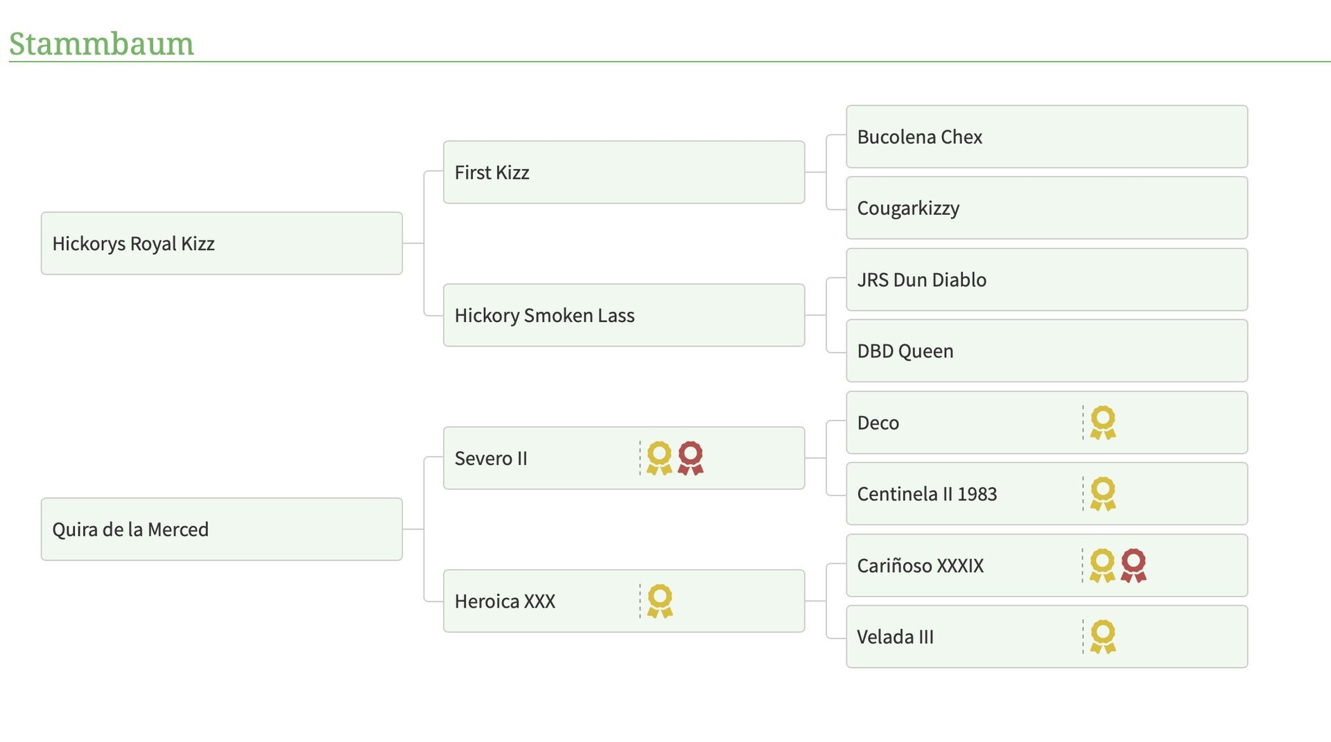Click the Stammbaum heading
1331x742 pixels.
click(x=101, y=44)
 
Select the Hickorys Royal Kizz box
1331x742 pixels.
click(x=222, y=243)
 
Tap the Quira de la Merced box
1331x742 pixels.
click(x=222, y=529)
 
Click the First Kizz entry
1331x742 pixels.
click(x=624, y=172)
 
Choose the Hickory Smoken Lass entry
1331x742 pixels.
click(x=624, y=315)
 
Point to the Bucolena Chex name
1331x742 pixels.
click(x=919, y=137)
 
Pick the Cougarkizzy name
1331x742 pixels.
click(x=908, y=209)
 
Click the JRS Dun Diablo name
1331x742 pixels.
click(x=921, y=280)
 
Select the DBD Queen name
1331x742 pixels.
click(x=905, y=351)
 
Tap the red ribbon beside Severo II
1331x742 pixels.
click(x=690, y=458)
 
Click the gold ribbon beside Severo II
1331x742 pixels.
click(x=659, y=458)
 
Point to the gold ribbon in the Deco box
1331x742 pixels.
click(x=1103, y=423)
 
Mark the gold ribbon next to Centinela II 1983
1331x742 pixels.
click(x=1103, y=494)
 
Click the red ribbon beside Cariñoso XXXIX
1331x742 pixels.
click(x=1133, y=565)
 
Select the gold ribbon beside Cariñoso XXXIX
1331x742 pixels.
click(x=1102, y=565)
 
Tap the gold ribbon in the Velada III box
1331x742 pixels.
click(x=1103, y=637)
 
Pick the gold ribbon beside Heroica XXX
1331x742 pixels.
click(x=660, y=601)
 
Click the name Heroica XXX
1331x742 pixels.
click(x=505, y=601)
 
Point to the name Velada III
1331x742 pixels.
click(x=895, y=637)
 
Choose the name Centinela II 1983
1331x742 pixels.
click(x=927, y=494)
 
